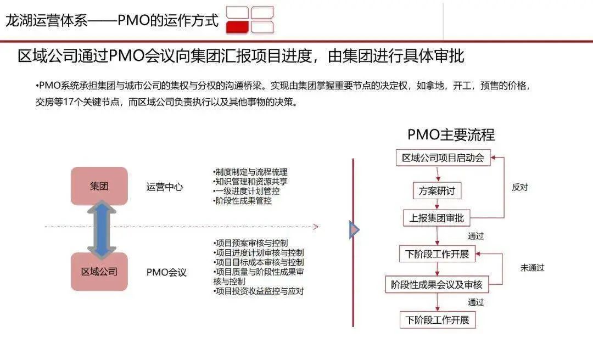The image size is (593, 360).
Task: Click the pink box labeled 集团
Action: point(99,186)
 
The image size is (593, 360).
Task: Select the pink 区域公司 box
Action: point(99,272)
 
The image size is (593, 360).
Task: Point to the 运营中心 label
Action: point(165,187)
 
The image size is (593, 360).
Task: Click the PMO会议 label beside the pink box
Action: point(166,272)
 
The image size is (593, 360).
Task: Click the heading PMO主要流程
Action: point(451,134)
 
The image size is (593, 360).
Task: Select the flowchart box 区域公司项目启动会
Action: point(443,158)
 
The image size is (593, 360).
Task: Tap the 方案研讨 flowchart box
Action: point(437,191)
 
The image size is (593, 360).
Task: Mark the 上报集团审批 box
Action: point(437,218)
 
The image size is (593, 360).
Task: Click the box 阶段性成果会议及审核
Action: point(437,284)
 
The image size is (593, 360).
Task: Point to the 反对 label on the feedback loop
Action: point(519,187)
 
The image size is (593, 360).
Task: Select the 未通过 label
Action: point(532,268)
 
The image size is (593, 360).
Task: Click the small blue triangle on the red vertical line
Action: point(354,230)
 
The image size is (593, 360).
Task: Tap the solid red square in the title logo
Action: point(238,27)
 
